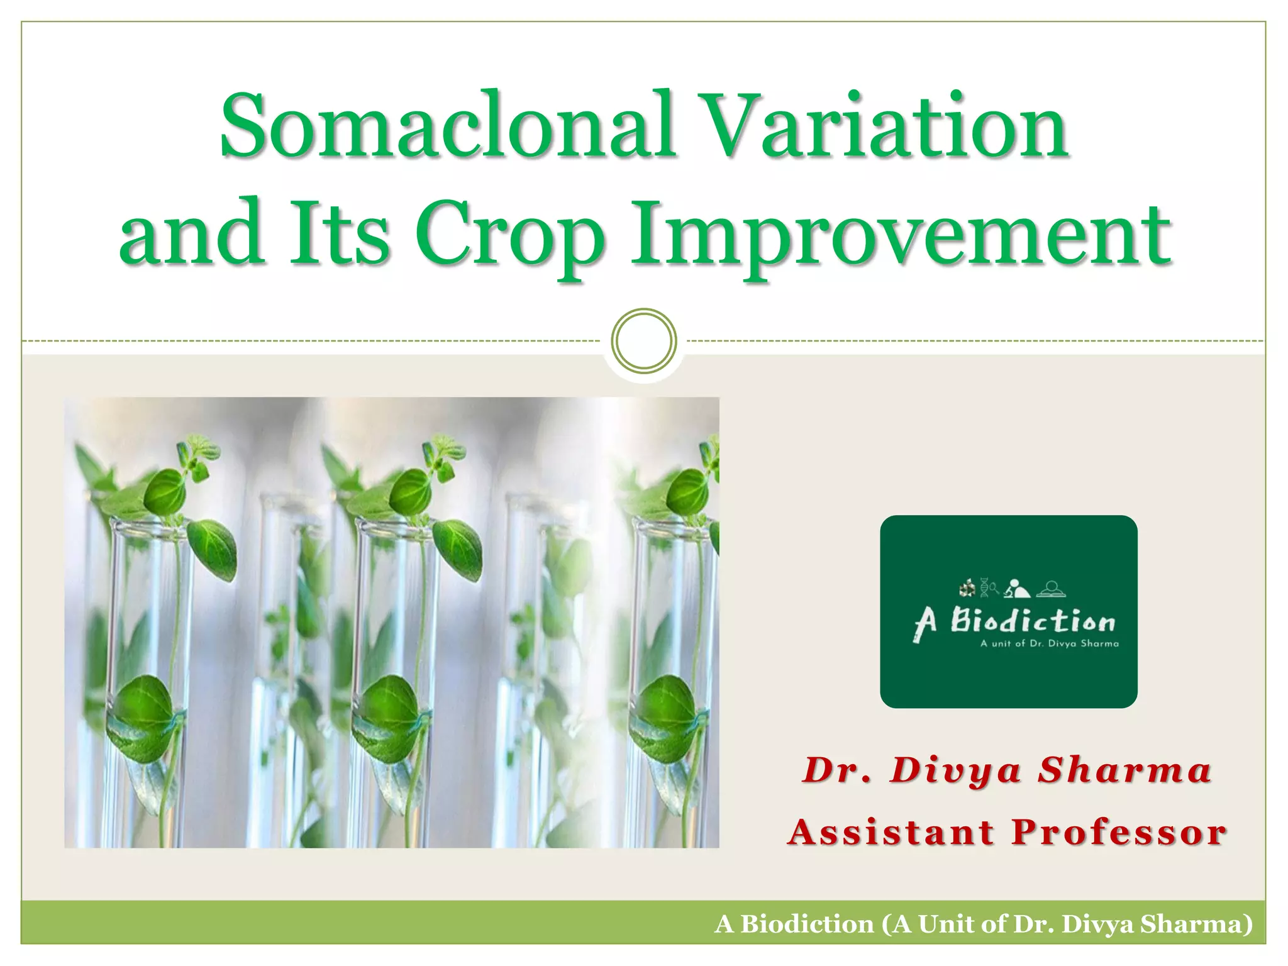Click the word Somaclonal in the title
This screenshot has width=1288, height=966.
pyautogui.click(x=447, y=126)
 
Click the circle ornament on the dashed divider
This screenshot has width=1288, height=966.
pyautogui.click(x=643, y=341)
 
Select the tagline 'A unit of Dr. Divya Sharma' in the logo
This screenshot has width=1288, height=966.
pyautogui.click(x=1049, y=643)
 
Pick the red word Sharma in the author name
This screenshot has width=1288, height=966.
pyautogui.click(x=1124, y=770)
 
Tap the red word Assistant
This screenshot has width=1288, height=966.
pyautogui.click(x=891, y=833)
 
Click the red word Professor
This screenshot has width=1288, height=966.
pyautogui.click(x=1119, y=833)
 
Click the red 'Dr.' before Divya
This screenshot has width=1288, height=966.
pyautogui.click(x=837, y=770)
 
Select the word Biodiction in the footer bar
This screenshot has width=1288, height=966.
pyautogui.click(x=807, y=924)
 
